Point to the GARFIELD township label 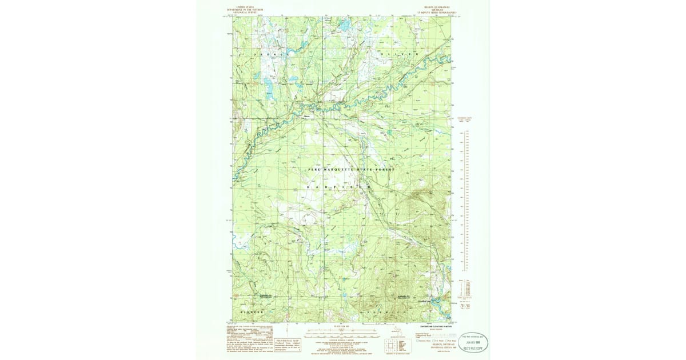point(339,187)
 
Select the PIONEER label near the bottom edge point(252,313)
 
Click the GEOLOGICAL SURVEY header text point(240,12)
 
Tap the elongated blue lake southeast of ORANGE point(268,87)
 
